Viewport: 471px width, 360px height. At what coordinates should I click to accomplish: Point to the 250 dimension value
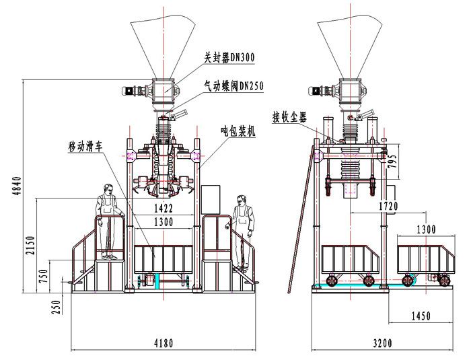(x=57, y=306)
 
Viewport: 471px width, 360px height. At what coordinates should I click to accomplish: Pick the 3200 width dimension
(x=382, y=344)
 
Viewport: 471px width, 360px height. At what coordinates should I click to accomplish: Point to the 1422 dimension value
(x=162, y=207)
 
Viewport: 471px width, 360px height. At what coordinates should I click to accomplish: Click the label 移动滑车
(x=85, y=145)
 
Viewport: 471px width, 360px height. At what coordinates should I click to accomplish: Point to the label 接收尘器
(x=290, y=116)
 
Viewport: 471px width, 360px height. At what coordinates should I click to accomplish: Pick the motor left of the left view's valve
(x=129, y=92)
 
